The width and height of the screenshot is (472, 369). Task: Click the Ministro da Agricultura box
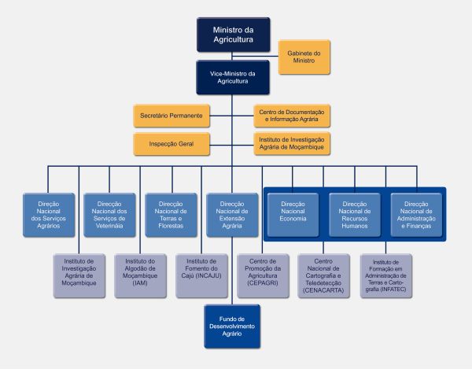click(233, 35)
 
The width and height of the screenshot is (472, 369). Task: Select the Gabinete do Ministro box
click(304, 56)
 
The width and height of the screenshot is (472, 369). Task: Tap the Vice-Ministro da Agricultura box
click(233, 77)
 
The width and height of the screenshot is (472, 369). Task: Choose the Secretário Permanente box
click(171, 116)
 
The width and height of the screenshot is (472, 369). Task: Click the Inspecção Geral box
click(171, 144)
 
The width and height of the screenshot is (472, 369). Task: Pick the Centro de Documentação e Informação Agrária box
click(292, 116)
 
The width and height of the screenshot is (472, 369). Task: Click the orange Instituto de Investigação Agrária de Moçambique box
click(292, 144)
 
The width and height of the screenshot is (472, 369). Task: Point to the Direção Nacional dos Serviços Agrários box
click(49, 215)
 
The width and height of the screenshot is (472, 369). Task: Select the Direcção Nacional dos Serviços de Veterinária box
click(110, 215)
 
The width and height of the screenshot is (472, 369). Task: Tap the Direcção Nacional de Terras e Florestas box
click(171, 215)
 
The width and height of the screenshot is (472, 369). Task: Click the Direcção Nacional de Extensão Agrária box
click(233, 215)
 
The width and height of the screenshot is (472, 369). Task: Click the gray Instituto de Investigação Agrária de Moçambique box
click(79, 275)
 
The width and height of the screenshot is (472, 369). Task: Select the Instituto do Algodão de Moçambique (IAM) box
click(141, 275)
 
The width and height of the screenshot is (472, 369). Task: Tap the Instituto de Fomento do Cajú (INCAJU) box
click(202, 275)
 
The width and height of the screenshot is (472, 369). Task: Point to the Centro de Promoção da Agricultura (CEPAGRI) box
click(264, 275)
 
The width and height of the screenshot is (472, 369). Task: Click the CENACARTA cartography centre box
click(324, 275)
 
